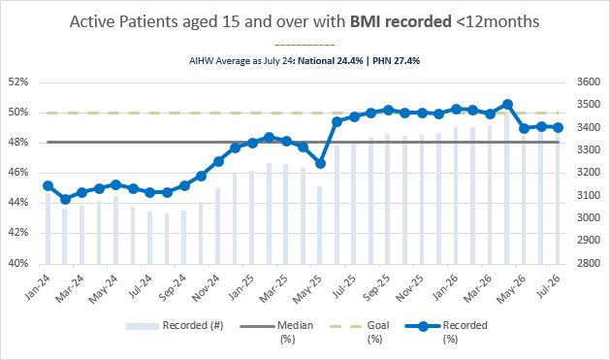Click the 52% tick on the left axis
[18, 82]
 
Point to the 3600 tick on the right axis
[589, 82]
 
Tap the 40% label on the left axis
[18, 264]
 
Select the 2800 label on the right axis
[589, 264]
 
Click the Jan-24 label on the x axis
[38, 287]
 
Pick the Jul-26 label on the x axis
[549, 286]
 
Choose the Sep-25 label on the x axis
[376, 288]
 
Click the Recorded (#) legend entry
[175, 325]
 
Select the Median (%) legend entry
[276, 332]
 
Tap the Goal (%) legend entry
[360, 332]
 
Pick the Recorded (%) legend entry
[446, 332]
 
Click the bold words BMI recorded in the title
[401, 21]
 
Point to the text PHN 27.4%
[396, 61]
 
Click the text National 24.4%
[331, 61]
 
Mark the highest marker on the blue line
[507, 104]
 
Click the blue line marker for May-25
[321, 164]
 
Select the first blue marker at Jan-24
[48, 185]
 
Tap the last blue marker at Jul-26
[559, 127]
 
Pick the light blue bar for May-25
[320, 225]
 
